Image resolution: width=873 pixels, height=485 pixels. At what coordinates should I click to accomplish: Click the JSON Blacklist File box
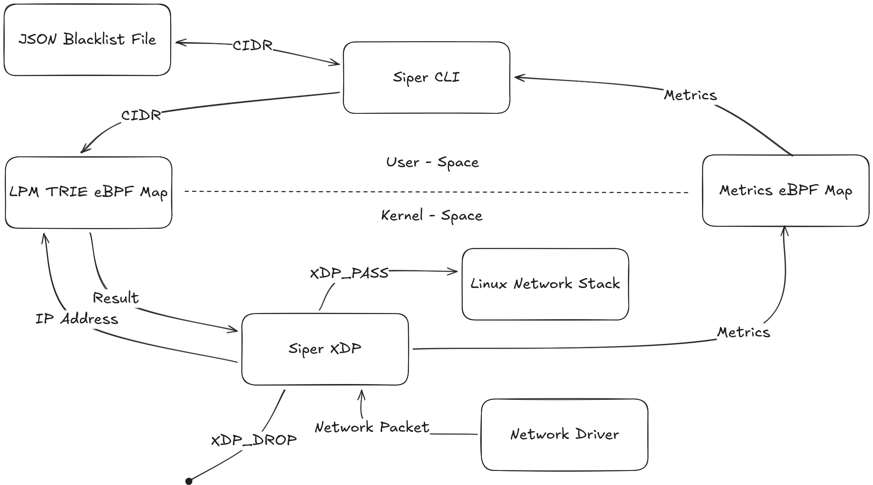[x=87, y=40]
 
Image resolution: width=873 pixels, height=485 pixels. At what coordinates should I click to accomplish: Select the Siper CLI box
[x=426, y=77]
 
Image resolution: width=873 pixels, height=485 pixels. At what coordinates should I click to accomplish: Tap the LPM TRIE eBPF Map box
[x=88, y=192]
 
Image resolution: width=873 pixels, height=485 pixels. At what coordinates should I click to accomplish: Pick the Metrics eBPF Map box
[x=785, y=190]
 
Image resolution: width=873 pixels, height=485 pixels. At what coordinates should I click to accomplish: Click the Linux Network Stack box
[x=545, y=284]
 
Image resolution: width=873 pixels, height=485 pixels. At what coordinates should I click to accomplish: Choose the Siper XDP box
[x=325, y=349]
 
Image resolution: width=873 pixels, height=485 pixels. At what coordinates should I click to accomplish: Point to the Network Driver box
[x=564, y=435]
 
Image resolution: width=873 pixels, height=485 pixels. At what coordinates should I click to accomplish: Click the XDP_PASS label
[x=349, y=273]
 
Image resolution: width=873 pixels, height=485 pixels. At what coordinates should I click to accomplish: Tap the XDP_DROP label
[x=254, y=440]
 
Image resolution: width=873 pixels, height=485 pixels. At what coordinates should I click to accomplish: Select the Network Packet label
[x=372, y=427]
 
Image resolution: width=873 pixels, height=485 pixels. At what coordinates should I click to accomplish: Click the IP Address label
[x=77, y=319]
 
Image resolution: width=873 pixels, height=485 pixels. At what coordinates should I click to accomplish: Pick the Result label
[x=115, y=298]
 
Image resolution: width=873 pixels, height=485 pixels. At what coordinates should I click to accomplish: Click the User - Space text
[x=432, y=162]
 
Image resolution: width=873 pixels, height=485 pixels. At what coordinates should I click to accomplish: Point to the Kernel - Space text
[x=431, y=216]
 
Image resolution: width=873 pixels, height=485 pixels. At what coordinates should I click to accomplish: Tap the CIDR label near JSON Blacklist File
[x=252, y=45]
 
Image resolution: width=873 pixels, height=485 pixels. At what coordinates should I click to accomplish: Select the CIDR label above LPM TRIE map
[x=141, y=115]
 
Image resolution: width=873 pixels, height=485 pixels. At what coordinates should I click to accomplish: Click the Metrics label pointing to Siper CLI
[x=690, y=95]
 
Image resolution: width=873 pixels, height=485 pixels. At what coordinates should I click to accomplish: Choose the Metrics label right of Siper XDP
[x=743, y=332]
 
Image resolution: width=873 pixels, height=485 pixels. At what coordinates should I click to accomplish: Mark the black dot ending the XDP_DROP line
[x=189, y=480]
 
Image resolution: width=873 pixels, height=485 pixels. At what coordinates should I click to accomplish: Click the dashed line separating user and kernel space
[x=435, y=192]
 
